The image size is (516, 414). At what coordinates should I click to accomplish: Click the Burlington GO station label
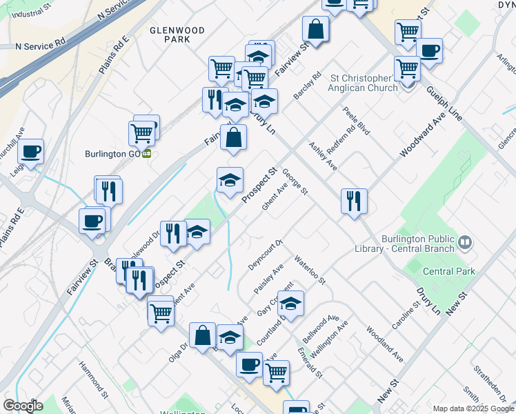coord(112,153)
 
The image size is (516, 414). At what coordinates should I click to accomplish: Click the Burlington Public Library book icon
coord(466,242)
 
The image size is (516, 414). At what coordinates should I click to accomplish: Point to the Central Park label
coord(449,271)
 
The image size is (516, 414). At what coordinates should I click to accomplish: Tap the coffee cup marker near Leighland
coord(31,151)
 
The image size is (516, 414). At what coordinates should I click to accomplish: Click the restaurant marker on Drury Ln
coord(354,201)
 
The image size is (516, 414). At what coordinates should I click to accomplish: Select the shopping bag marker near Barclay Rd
coord(315,30)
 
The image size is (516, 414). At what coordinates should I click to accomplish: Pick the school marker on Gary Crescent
coord(291,304)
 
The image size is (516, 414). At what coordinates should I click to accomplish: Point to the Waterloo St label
coord(310,270)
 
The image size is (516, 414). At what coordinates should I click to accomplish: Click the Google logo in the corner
coord(23,406)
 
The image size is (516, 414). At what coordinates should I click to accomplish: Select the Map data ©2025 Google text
coord(473,408)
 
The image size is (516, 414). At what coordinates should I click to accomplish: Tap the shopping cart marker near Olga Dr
coord(161,312)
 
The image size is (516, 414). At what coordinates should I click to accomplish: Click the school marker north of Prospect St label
coord(230,181)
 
